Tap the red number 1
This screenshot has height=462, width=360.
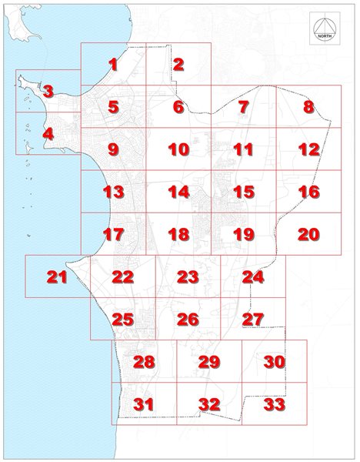114,65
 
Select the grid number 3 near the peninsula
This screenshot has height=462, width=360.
48,92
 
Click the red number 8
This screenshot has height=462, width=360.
309,107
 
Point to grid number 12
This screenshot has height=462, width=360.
308,149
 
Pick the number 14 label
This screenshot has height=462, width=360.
178,192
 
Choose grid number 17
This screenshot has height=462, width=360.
113,234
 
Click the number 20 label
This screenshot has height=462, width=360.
308,234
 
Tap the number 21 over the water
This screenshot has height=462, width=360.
58,277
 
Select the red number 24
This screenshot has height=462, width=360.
253,276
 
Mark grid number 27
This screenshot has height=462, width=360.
253,319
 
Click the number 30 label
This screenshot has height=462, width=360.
275,361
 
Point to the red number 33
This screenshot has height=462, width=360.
275,403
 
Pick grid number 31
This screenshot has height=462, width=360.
144,403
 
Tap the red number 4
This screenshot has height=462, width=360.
48,134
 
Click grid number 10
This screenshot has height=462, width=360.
178,149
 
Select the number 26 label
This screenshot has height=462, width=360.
188,319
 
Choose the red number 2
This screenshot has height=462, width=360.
178,65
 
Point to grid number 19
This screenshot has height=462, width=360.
243,234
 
